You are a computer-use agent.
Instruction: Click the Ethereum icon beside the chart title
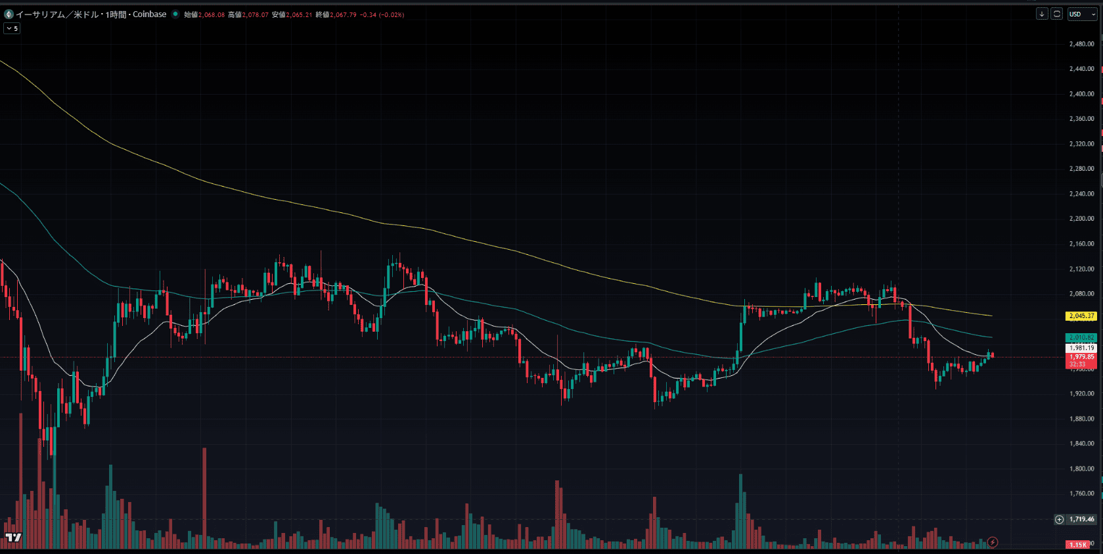(x=9, y=14)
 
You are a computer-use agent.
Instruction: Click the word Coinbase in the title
(x=149, y=14)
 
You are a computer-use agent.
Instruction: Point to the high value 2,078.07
(x=256, y=15)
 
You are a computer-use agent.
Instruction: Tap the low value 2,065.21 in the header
(x=299, y=15)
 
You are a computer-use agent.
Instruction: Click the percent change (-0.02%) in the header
(x=392, y=15)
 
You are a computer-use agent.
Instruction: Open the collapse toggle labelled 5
(x=12, y=29)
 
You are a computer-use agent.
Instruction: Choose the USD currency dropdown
(x=1082, y=14)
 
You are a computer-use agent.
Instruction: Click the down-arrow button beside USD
(x=1042, y=14)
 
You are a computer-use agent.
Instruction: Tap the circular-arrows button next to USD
(x=1056, y=14)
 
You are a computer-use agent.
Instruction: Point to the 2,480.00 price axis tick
(x=1081, y=44)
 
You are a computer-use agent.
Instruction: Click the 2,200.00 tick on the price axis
(x=1081, y=219)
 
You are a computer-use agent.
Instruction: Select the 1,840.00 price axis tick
(x=1081, y=444)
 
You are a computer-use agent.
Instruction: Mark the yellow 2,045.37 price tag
(x=1081, y=316)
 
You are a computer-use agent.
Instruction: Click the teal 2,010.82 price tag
(x=1081, y=338)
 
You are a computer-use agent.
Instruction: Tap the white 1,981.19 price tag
(x=1081, y=348)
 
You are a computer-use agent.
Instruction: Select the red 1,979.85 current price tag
(x=1081, y=358)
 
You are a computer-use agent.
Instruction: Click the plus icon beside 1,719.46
(x=1059, y=519)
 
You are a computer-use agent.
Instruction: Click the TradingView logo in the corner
(x=13, y=538)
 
